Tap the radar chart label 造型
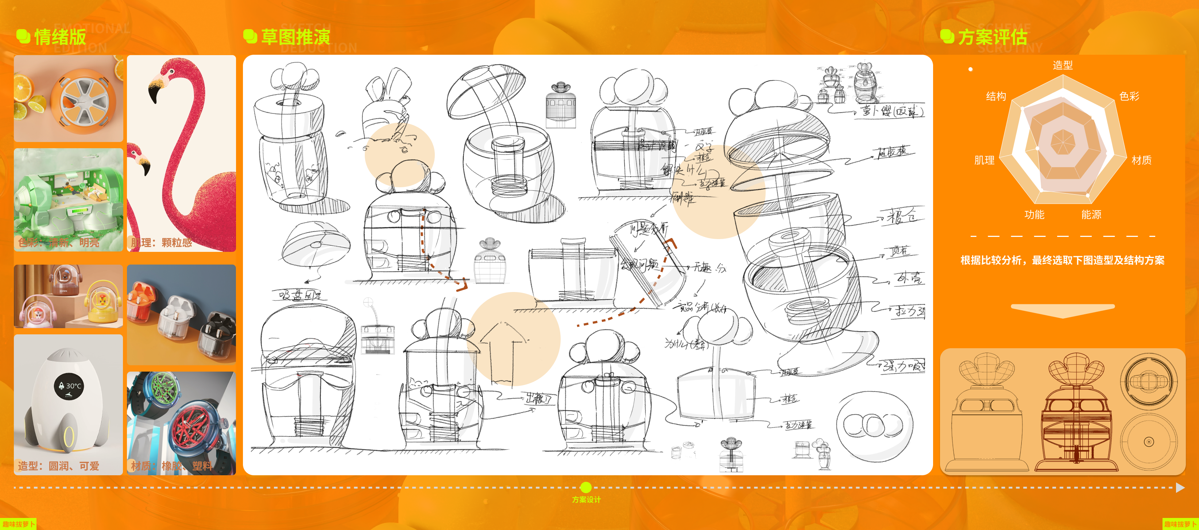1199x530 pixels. coord(1063,65)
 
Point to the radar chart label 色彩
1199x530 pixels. coord(1129,96)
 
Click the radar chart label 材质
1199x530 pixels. coord(1141,160)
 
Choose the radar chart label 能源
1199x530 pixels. coord(1091,215)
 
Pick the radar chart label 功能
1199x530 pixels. coord(1034,215)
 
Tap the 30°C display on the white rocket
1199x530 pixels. coord(69,385)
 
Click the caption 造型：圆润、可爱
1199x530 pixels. coord(59,466)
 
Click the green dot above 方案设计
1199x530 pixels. coord(586,487)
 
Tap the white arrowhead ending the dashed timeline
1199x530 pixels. coord(1180,488)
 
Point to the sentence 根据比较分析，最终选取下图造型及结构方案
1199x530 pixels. coord(1062,260)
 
